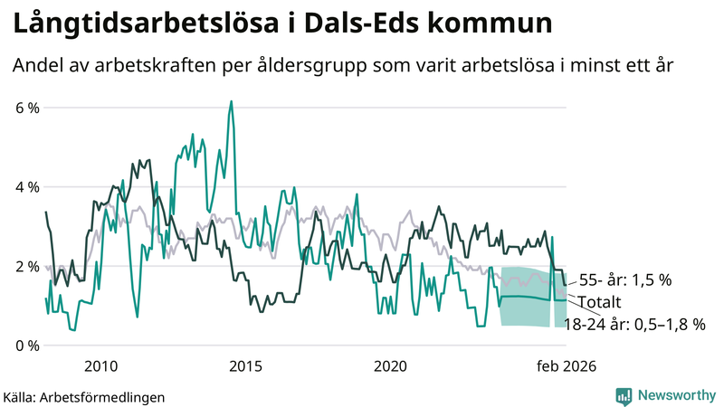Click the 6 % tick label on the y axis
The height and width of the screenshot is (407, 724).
pos(26,109)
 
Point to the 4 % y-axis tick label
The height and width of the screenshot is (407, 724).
pos(26,187)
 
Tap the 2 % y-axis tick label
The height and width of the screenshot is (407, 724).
pos(26,267)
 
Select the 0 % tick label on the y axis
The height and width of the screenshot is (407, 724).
pos(26,345)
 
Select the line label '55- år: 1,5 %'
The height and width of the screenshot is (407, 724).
pos(624,280)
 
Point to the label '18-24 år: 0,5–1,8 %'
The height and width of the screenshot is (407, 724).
pos(633,323)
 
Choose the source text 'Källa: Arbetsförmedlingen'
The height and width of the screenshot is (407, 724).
pos(84,396)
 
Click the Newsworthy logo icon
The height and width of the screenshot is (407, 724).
pos(624,395)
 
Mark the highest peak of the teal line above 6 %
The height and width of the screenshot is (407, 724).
pos(232,101)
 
